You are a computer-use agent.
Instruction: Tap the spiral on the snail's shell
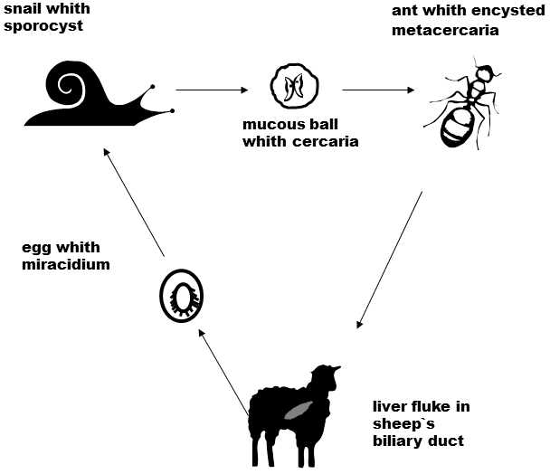pyautogui.click(x=69, y=89)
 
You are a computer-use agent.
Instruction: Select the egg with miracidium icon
pyautogui.click(x=180, y=295)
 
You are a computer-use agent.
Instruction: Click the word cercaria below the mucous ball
pyautogui.click(x=328, y=141)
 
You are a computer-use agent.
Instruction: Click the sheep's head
pyautogui.click(x=328, y=377)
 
